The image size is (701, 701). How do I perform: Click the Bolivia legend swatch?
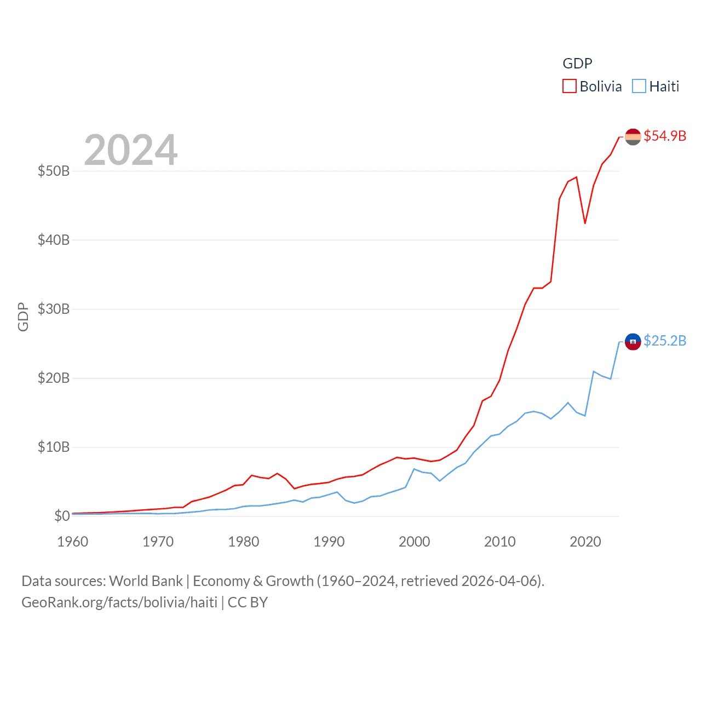coord(570,87)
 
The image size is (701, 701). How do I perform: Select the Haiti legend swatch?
coord(639,87)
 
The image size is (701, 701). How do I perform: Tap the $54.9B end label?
coord(665,136)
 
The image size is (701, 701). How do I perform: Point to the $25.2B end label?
coord(665,341)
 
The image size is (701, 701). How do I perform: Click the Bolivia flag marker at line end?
coord(633,136)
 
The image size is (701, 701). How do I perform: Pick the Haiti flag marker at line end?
coord(633,342)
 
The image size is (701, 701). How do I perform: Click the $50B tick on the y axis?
coord(54,171)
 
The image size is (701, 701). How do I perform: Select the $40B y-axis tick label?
coord(54,240)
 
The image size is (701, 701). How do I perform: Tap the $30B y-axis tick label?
coord(54,309)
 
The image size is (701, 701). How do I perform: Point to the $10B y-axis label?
coord(54,447)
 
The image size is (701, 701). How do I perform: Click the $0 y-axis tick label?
coord(62,516)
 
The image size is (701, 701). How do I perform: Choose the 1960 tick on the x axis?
coord(73,542)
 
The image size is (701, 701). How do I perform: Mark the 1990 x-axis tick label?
coord(329,542)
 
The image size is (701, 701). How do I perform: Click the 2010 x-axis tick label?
coord(500,542)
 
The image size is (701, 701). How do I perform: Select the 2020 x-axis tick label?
coord(585,542)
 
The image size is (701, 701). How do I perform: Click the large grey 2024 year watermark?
coord(131,150)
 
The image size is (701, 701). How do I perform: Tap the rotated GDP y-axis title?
coord(23,317)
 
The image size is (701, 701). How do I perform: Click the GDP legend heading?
coord(577,64)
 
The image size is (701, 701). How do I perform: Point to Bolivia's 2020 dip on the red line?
coord(585,223)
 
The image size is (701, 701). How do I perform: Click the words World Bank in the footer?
coord(146,581)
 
